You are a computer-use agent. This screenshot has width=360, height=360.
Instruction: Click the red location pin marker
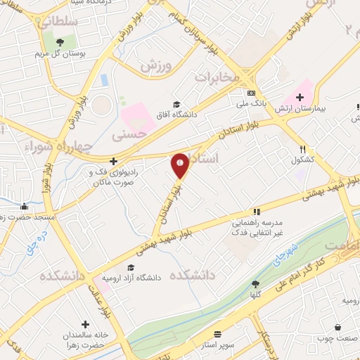[180, 165]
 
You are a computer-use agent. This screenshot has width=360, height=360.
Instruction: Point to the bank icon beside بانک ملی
[251, 94]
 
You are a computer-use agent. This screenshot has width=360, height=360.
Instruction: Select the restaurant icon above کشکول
[303, 149]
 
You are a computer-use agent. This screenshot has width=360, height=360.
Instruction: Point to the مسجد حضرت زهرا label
[29, 219]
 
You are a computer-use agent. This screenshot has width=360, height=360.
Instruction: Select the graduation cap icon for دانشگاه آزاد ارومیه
[130, 267]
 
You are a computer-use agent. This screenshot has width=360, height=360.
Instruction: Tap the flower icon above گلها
[255, 283]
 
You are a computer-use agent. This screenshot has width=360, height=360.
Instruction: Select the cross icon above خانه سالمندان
[85, 325]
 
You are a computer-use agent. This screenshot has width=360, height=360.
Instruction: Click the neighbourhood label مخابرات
[217, 77]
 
